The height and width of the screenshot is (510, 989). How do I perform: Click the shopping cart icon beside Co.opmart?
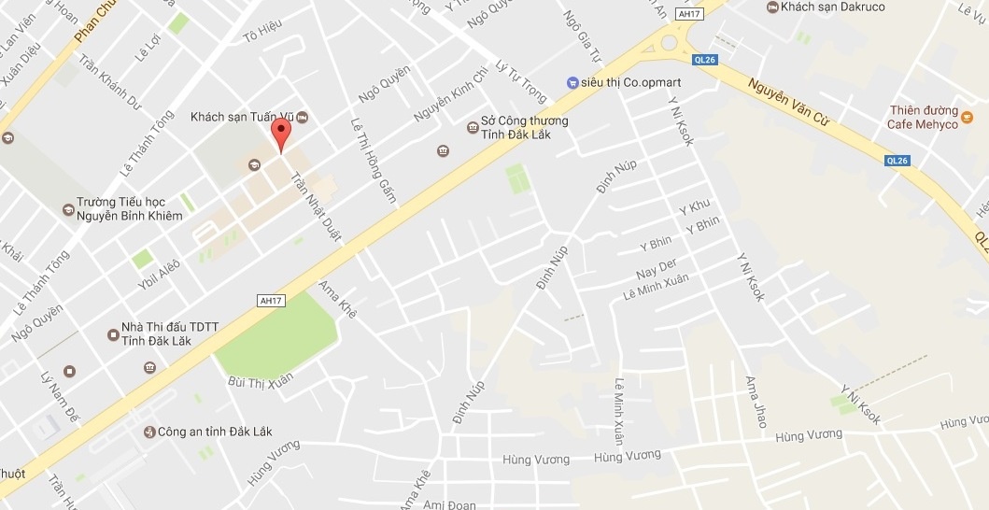[x=572, y=82]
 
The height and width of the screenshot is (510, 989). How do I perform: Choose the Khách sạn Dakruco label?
[x=832, y=7]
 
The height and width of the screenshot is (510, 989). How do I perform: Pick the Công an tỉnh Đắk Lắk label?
[x=215, y=432]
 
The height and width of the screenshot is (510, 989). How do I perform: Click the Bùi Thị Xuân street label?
[x=261, y=379]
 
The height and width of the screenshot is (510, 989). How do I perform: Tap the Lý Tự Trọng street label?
[x=520, y=82]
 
